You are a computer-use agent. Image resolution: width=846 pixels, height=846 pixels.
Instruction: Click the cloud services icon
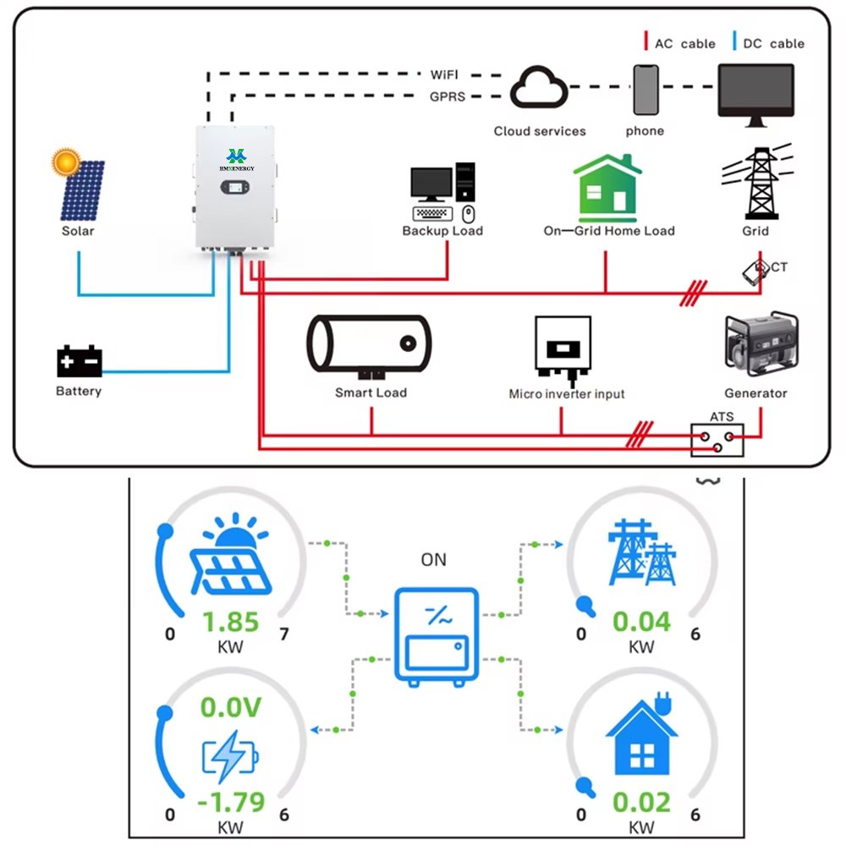pyautogui.click(x=538, y=88)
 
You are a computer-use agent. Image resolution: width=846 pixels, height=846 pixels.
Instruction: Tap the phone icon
pyautogui.click(x=645, y=90)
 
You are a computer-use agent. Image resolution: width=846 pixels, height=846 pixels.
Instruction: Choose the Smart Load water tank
pyautogui.click(x=369, y=344)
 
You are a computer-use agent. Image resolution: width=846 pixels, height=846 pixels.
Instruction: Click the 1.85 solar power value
pyautogui.click(x=231, y=623)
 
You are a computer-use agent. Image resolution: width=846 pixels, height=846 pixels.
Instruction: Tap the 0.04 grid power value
pyautogui.click(x=641, y=623)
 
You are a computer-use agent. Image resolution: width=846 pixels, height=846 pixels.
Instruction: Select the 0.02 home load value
pyautogui.click(x=641, y=800)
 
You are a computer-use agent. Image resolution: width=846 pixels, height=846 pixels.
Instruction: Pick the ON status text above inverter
pyautogui.click(x=433, y=560)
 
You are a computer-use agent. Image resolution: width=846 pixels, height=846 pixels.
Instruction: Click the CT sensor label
pyautogui.click(x=778, y=267)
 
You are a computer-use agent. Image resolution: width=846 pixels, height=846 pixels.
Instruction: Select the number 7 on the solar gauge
pyautogui.click(x=283, y=634)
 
